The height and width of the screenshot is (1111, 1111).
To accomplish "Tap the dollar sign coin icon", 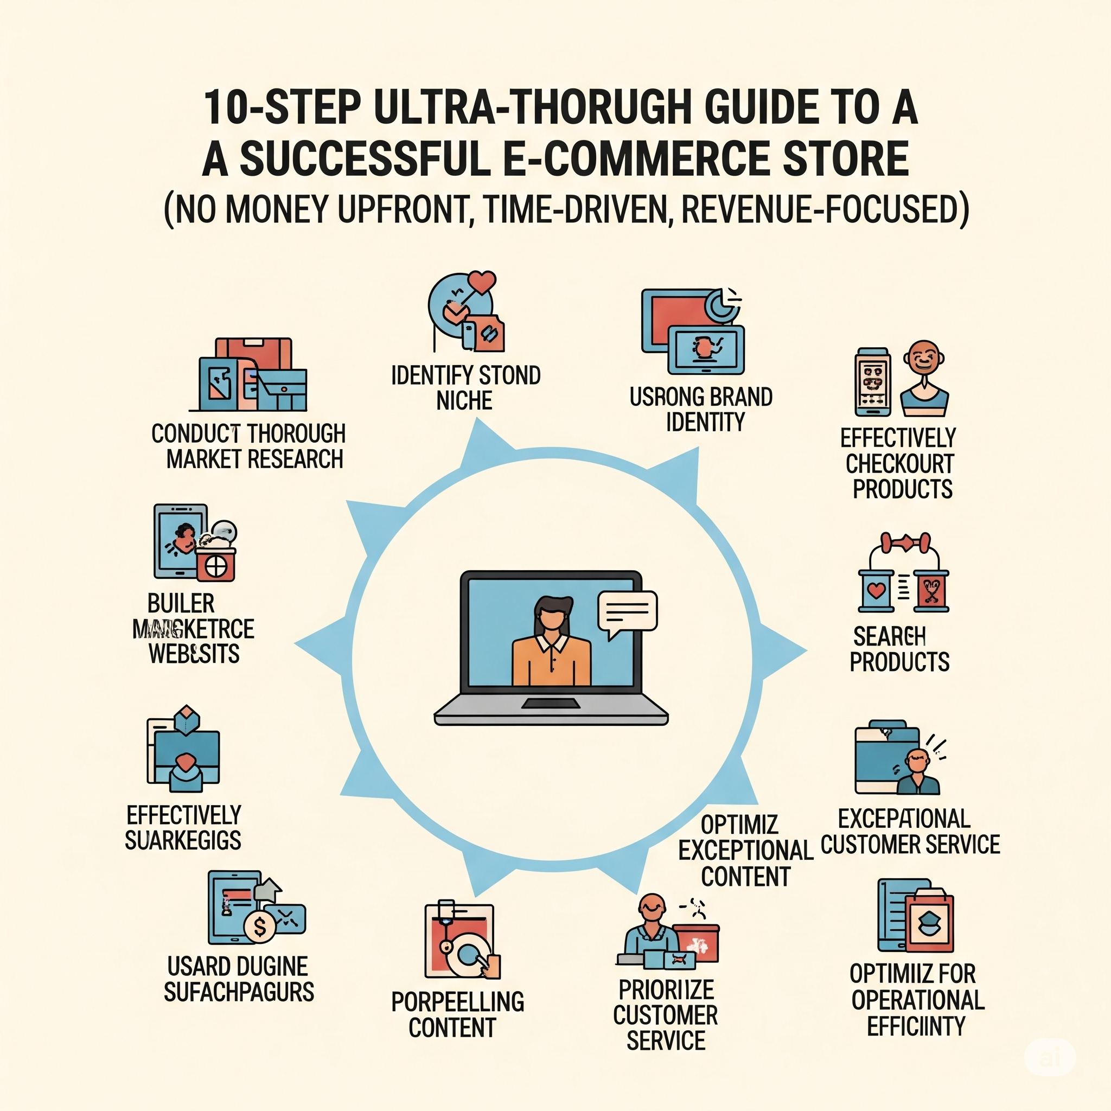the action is coord(260,926).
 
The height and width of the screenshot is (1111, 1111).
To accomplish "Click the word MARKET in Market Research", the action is coord(203,459).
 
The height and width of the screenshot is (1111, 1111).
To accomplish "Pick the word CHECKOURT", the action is coord(899,463).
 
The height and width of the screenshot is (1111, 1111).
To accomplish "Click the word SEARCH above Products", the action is coord(889,636).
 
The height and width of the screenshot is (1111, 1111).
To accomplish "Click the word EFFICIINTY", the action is coord(916,1026).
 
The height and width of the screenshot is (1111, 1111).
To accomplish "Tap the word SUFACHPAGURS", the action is coord(239,992).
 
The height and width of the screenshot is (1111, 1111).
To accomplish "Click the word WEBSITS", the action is coord(194,654).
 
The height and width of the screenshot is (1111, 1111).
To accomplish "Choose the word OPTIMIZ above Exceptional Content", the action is coord(739,825).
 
